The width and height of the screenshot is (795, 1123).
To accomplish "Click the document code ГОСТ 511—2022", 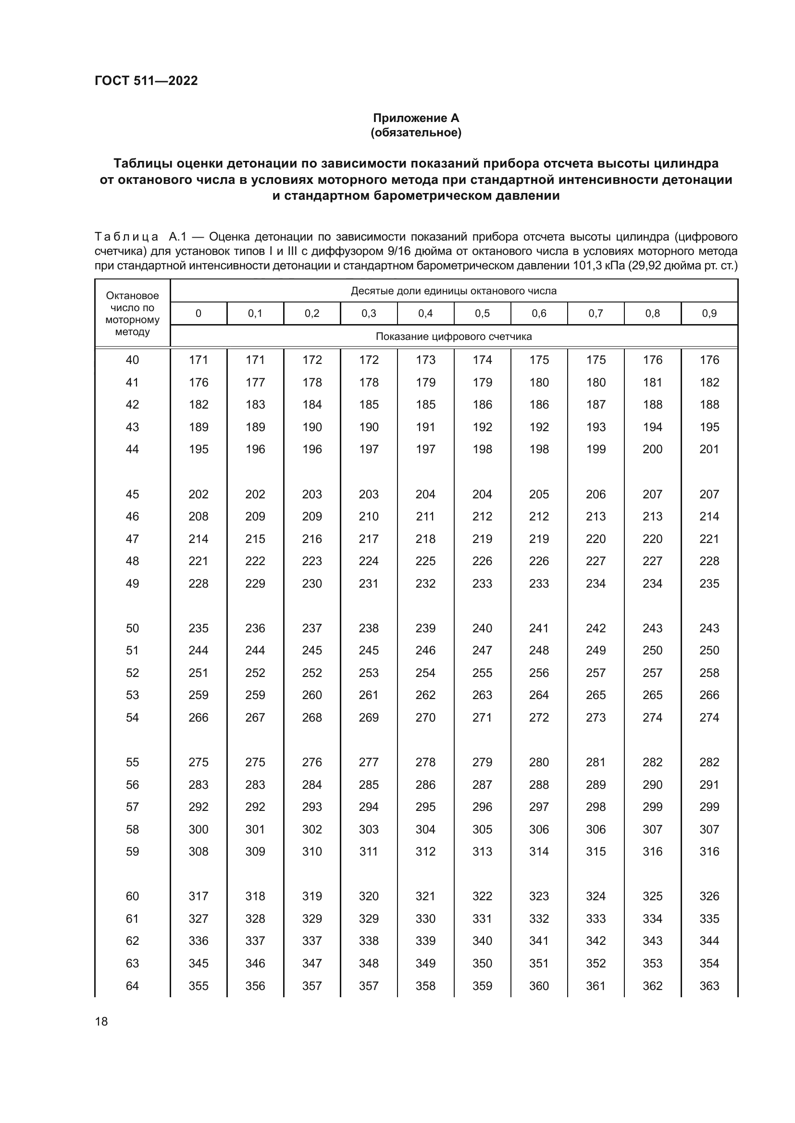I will tap(146, 81).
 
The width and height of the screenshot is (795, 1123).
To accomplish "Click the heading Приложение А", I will tap(416, 118).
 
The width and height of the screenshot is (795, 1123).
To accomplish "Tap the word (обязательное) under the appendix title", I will tap(416, 133).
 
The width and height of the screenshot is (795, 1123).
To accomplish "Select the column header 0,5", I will tap(482, 314).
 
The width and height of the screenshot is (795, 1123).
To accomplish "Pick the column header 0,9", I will tap(709, 314).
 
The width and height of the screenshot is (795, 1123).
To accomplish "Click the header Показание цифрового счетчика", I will tap(453, 337).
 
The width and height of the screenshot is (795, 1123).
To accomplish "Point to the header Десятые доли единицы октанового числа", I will tap(453, 291).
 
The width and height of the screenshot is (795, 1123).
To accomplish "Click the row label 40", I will tap(132, 360).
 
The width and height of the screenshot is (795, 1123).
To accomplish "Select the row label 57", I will tap(132, 807).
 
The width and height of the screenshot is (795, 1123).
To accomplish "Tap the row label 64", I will tap(132, 986).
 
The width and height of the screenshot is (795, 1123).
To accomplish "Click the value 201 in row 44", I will tap(709, 449).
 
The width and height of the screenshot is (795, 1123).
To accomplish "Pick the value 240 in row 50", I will tap(482, 628).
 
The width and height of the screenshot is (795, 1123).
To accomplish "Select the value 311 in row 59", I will tap(369, 852).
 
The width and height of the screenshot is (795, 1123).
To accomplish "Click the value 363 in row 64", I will tap(709, 986).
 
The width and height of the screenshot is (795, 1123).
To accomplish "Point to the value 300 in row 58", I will tap(198, 829).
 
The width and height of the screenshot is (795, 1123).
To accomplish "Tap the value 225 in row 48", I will tap(425, 561).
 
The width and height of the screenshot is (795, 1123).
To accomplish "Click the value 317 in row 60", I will tap(198, 896).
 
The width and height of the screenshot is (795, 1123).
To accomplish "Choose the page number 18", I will tap(101, 1021).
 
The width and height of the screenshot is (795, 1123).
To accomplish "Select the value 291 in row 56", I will tap(709, 785).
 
